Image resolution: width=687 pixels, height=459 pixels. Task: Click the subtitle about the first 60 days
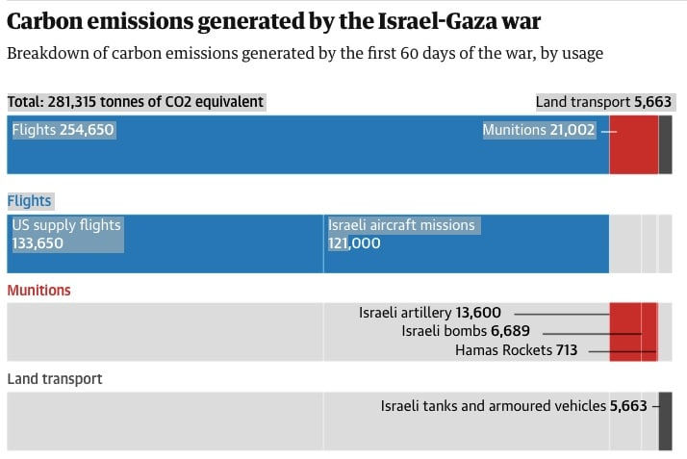305,53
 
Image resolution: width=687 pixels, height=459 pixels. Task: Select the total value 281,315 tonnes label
136,101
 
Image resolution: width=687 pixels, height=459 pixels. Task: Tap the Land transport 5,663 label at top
604,101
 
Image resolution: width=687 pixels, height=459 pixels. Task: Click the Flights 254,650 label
63,130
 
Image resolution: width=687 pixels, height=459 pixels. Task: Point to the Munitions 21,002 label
539,130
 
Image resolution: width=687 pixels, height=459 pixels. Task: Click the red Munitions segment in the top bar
633,144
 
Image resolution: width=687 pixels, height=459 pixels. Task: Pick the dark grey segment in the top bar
665,144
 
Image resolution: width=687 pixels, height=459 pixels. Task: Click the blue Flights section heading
29,201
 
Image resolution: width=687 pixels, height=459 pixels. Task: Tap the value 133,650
37,243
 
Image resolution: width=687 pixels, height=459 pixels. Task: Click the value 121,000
354,243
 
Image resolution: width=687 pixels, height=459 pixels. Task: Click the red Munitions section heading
38,290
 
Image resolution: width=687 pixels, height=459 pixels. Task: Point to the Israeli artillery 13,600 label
430,313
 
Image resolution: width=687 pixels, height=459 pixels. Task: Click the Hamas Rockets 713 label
516,350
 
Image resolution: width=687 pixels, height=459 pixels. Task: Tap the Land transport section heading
54,379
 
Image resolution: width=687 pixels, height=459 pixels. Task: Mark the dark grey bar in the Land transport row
665,421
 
